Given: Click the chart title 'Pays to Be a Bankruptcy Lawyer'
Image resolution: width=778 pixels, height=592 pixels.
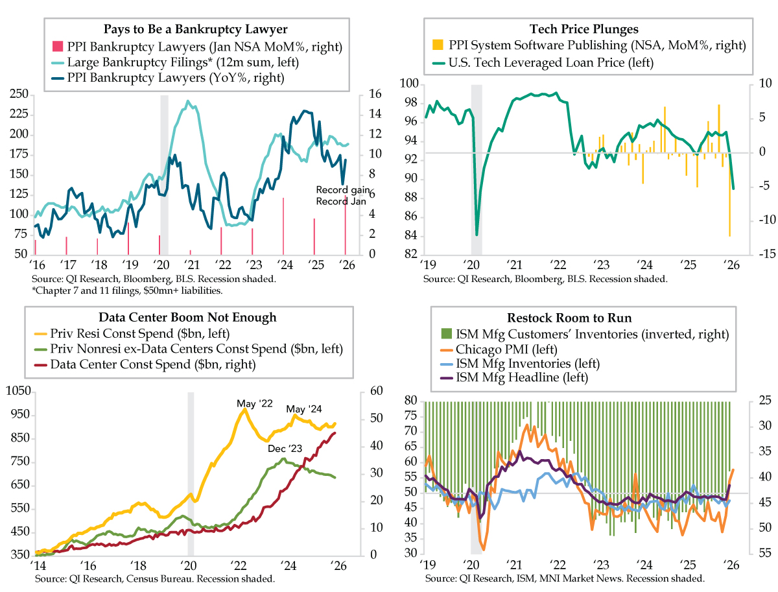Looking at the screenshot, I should [x=195, y=29].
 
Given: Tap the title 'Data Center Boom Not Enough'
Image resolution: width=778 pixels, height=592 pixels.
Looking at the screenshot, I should [x=187, y=317].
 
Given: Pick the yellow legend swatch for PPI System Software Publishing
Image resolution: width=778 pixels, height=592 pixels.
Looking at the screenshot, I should [x=438, y=45].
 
